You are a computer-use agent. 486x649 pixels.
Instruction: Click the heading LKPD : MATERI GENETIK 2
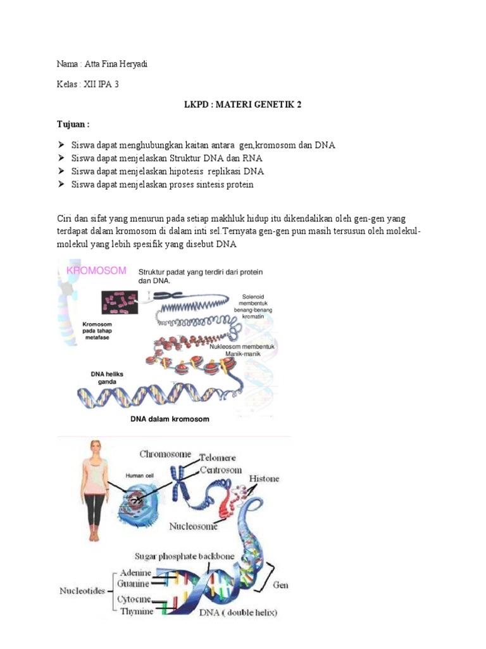(x=238, y=105)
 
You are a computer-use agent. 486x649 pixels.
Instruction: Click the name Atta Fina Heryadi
(x=116, y=65)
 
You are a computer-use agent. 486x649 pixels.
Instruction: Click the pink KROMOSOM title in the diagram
(x=96, y=271)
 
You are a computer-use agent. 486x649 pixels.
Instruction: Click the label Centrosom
(x=221, y=470)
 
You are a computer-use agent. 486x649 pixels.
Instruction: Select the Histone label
(x=264, y=479)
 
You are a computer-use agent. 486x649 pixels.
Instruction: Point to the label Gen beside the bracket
(x=280, y=586)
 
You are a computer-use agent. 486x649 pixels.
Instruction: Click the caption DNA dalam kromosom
(x=170, y=419)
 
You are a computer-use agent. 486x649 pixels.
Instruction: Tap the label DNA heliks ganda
(x=107, y=378)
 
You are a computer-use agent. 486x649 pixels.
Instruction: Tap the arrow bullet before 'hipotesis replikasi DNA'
(x=61, y=171)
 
